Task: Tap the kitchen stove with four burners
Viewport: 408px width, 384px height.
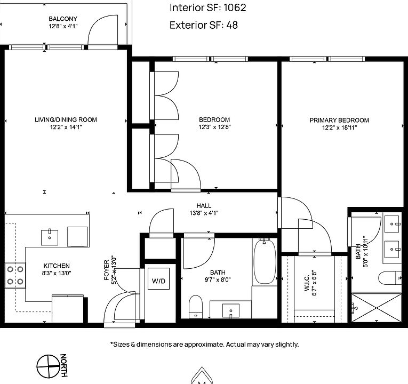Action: (15, 275)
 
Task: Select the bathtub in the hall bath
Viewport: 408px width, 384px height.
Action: (265, 262)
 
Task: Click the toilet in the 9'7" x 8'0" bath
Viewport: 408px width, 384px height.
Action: (196, 306)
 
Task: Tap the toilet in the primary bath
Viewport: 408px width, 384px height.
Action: (389, 278)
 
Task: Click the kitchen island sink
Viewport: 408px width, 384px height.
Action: (50, 236)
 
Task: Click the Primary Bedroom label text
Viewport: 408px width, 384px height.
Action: (339, 120)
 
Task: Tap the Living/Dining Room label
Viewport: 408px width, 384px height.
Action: (66, 119)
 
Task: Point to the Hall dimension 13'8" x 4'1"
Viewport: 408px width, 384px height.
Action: (203, 213)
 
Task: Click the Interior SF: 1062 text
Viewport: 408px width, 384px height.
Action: (207, 8)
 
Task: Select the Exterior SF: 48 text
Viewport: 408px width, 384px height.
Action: (203, 25)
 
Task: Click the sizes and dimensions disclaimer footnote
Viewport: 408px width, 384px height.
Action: (204, 345)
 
